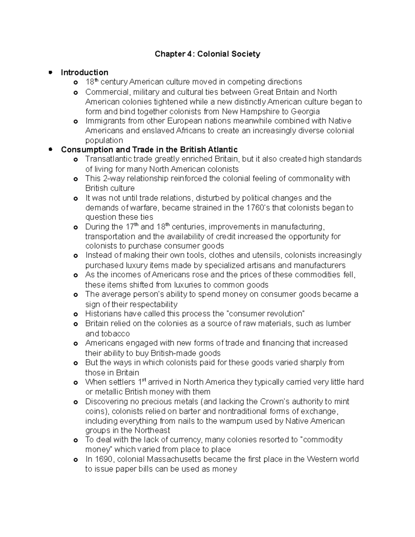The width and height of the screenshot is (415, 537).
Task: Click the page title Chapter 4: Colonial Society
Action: coord(207,54)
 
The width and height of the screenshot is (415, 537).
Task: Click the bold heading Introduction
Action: coord(84,73)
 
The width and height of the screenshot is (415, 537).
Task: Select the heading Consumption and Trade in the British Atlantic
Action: coord(149,150)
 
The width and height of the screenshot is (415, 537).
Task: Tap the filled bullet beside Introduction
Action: coord(50,73)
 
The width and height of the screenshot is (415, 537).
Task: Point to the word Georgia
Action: coord(305,112)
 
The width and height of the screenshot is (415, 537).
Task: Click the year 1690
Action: coord(105,460)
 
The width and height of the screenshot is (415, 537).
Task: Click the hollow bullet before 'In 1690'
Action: coord(76,460)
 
